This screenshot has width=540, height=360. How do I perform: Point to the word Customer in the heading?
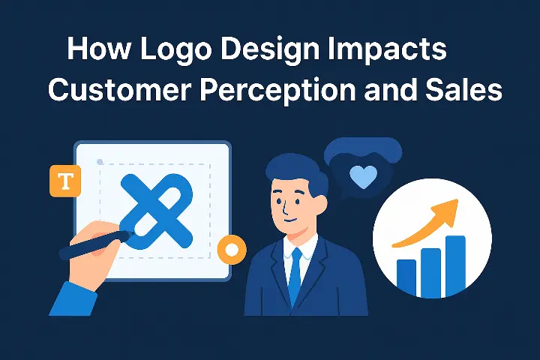(x=121, y=91)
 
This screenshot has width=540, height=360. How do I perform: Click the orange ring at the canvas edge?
(x=232, y=248)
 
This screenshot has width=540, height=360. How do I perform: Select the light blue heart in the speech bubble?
(x=364, y=177)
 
